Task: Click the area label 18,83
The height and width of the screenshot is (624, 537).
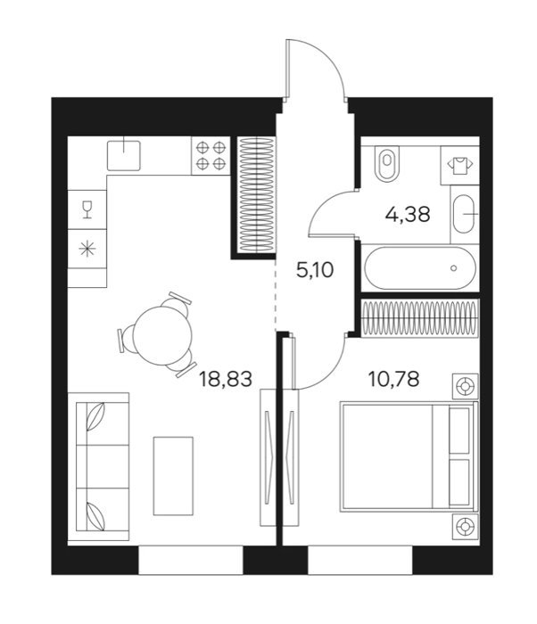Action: pos(226,379)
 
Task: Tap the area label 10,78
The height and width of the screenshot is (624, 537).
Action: pos(393,379)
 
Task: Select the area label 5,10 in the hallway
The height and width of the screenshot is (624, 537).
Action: pos(315,270)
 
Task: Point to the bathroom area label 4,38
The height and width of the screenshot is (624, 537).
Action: pos(408,215)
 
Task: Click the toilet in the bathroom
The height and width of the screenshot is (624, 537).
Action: pos(387,163)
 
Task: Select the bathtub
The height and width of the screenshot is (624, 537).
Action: pos(420,267)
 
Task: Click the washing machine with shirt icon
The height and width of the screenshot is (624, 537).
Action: pos(459,165)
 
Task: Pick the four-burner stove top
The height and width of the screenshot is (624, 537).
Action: pos(211,156)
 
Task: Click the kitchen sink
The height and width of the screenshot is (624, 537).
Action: pos(124,156)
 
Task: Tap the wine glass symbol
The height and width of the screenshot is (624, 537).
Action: pos(87,209)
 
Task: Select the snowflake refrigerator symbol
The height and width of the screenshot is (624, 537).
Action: pos(87,249)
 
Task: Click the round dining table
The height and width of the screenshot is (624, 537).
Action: pos(162,336)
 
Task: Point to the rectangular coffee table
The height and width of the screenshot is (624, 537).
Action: pos(173,476)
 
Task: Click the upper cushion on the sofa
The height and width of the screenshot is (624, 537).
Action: pos(96,416)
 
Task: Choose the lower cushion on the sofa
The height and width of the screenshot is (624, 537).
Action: pos(96,517)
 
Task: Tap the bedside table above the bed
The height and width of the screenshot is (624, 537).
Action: pos(466,386)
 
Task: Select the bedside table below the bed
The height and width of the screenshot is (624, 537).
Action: pos(466,527)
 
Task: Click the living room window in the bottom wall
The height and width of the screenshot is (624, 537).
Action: pos(190,560)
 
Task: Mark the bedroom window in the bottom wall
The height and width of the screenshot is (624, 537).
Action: pos(360,560)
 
